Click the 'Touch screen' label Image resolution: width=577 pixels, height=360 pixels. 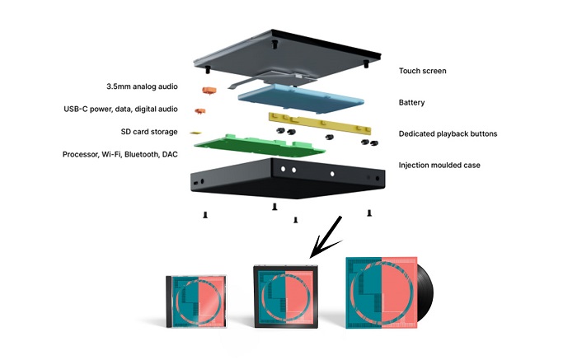coord(423,71)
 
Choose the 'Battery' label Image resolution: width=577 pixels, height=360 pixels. coord(411,103)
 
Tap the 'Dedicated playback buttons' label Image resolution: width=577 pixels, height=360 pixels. coord(448,133)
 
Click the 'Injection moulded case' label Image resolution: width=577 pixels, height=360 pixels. coord(439,165)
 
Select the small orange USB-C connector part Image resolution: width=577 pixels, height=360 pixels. coord(198,110)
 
